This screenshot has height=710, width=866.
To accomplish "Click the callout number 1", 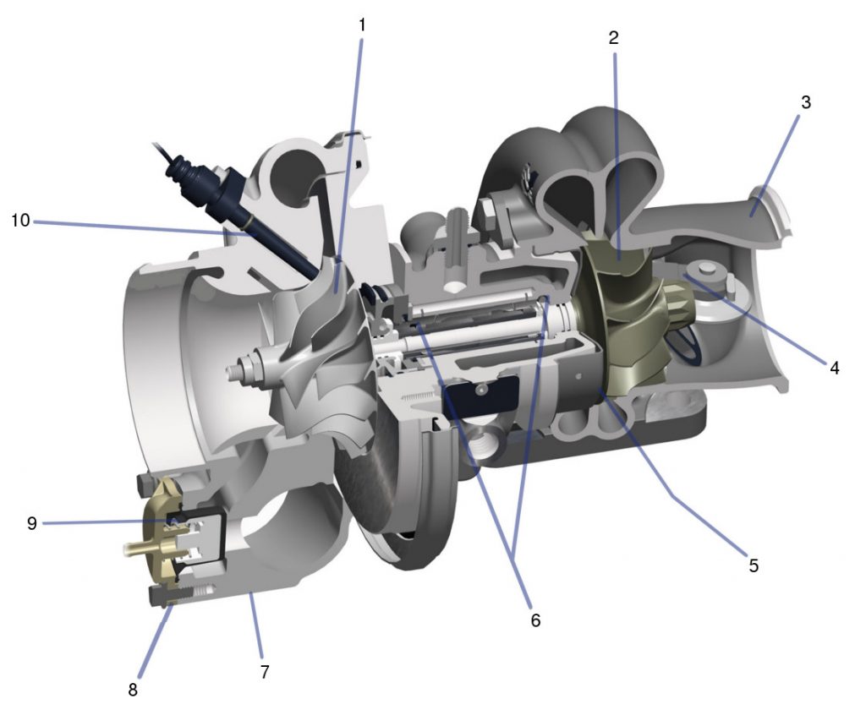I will point(362,25).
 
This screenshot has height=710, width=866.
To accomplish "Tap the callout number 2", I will point(613,37).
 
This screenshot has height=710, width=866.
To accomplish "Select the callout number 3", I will point(805,102).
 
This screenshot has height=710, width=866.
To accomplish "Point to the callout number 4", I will point(834,368).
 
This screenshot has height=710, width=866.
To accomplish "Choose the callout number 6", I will point(534,620).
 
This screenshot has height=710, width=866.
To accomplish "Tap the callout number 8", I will point(133,690).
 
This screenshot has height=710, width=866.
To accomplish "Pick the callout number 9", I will point(31,523).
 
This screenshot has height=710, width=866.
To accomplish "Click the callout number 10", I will point(21,221).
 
